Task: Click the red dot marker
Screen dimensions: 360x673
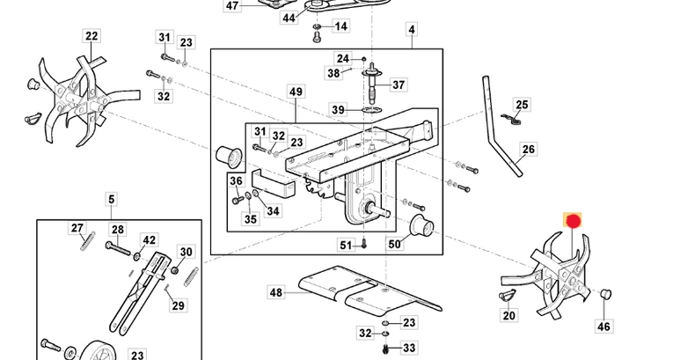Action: tap(573, 221)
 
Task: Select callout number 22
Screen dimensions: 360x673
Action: tap(91, 36)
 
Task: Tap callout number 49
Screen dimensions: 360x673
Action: tap(296, 92)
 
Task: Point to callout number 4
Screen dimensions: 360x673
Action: tap(411, 30)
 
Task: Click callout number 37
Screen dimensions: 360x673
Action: tap(399, 84)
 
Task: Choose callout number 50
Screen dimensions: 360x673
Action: tap(394, 244)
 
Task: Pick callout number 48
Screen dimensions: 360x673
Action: tap(276, 292)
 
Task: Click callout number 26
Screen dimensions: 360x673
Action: tap(528, 150)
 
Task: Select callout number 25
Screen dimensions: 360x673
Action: tap(523, 105)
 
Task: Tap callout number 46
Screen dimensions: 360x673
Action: tap(604, 327)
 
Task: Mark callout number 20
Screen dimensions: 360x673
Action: tap(509, 315)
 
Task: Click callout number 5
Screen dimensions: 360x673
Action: tap(112, 199)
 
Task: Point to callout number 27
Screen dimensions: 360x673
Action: tap(77, 229)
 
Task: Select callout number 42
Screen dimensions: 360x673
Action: tap(150, 239)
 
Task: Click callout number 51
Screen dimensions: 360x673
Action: tap(346, 245)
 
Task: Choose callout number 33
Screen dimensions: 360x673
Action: tap(409, 349)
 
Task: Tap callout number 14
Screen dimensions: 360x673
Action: tap(341, 26)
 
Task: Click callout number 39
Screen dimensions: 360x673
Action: tap(339, 109)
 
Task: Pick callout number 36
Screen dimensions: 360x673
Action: tap(236, 181)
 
